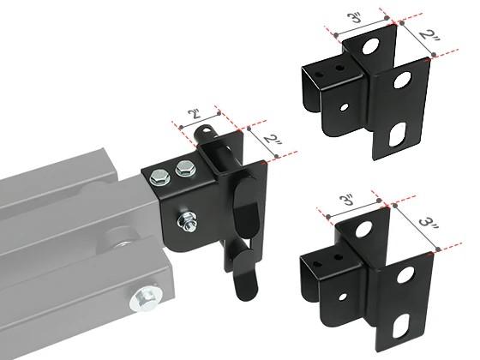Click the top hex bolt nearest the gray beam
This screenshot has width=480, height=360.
160,178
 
